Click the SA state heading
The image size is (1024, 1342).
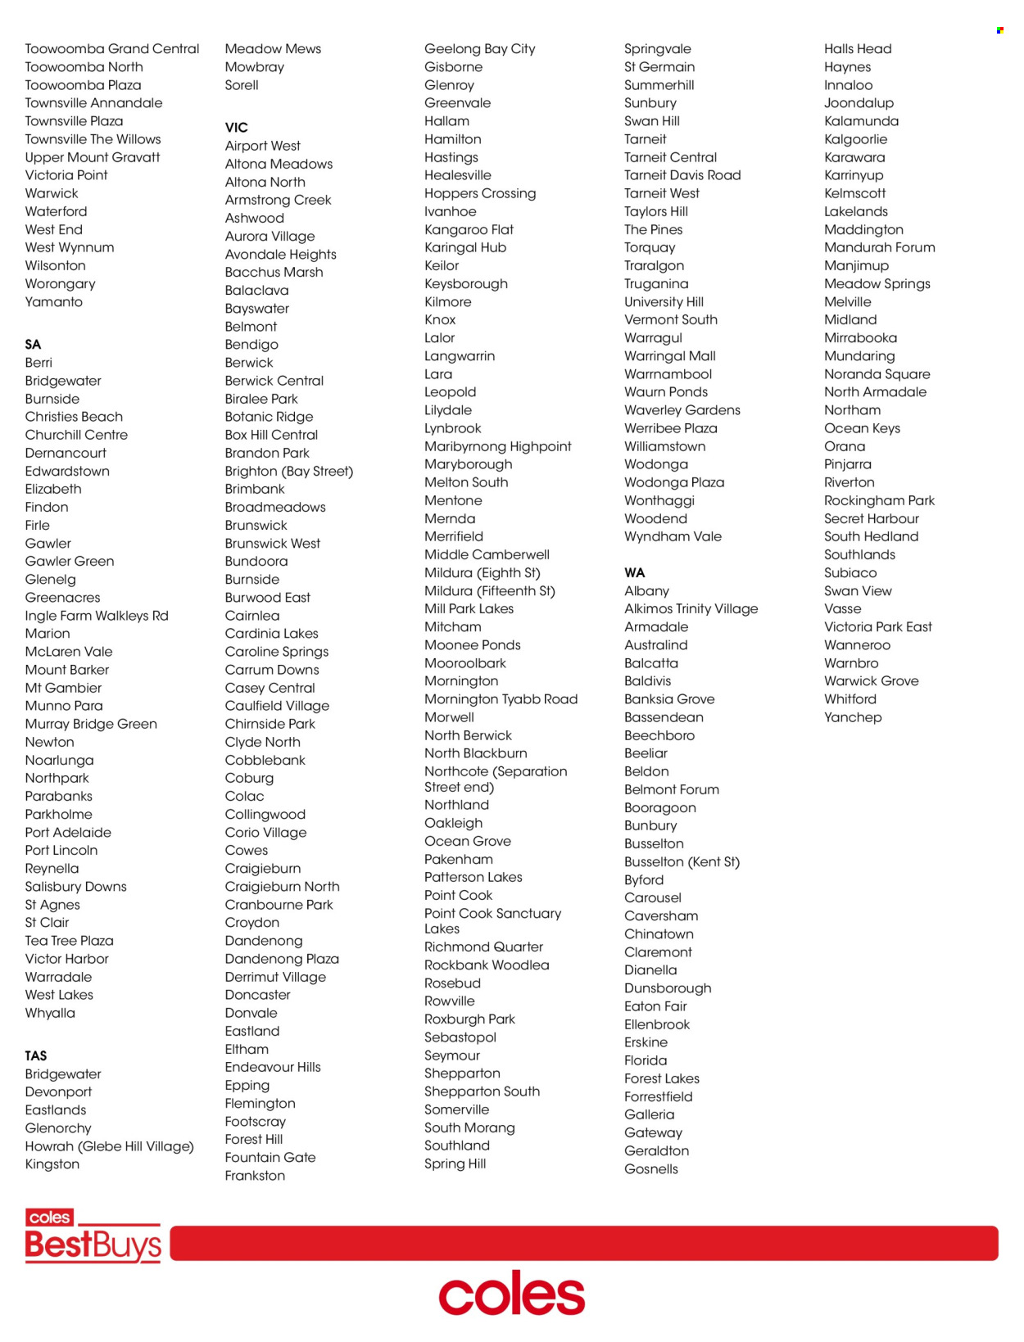33,345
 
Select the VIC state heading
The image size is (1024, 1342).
236,128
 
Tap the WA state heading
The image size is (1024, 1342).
634,573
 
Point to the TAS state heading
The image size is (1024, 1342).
36,1056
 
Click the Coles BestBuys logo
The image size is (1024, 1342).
93,1236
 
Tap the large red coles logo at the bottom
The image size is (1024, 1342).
512,1294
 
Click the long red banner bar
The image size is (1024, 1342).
583,1243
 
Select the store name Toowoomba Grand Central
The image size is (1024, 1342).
112,49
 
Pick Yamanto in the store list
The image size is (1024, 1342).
54,302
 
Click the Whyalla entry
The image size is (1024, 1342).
50,1013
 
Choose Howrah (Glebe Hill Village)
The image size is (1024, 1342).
109,1146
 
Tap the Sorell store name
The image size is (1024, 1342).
242,85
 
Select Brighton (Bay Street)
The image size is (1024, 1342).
289,472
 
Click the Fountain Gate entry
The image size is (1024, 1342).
270,1158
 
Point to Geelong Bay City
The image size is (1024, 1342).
480,49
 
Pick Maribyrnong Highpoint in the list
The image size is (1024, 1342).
498,446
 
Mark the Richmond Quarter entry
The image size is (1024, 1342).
483,947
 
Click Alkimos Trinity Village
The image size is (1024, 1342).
691,609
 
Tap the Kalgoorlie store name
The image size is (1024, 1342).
855,139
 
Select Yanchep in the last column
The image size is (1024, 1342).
853,717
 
